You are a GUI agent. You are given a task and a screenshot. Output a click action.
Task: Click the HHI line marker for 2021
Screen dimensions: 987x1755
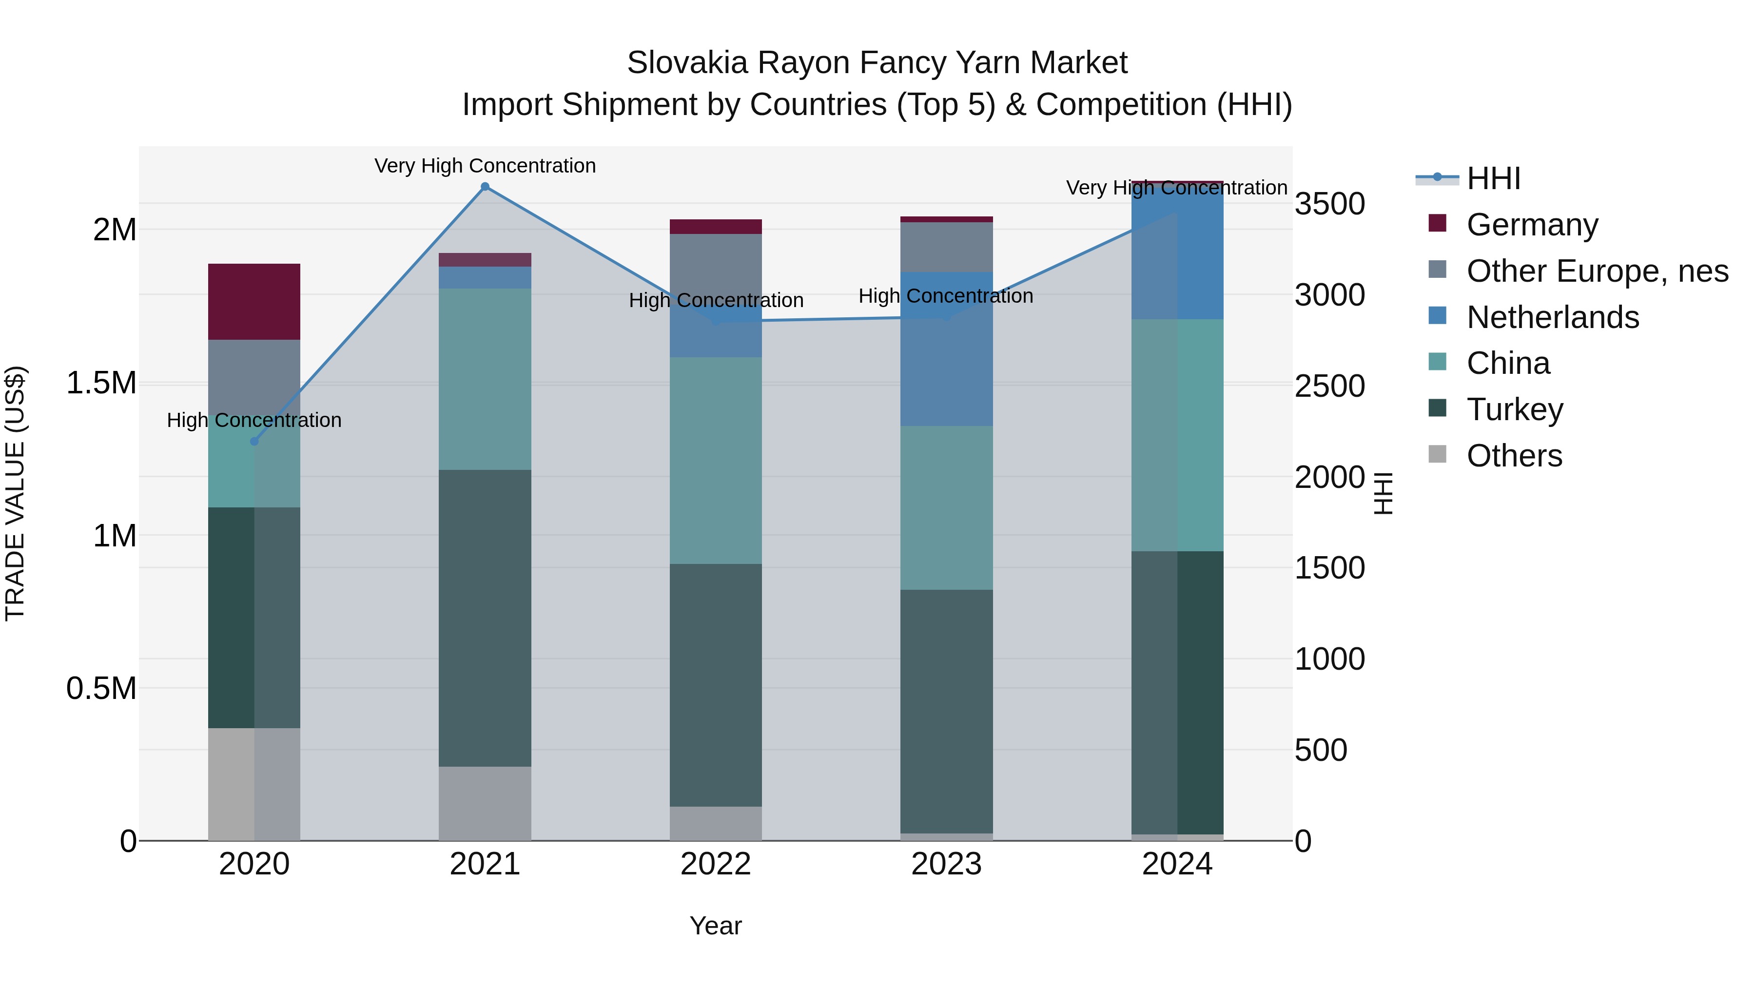(485, 187)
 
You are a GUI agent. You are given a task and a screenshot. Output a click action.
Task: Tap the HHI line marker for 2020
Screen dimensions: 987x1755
(254, 442)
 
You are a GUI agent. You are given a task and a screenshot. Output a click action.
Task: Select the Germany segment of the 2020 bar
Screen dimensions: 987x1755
(254, 302)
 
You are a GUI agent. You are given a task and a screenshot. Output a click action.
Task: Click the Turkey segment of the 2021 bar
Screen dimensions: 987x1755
(485, 618)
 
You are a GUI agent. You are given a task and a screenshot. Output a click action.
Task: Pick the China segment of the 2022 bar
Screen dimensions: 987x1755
(715, 461)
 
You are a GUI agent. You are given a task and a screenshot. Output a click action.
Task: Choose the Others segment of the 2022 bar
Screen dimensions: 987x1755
(715, 824)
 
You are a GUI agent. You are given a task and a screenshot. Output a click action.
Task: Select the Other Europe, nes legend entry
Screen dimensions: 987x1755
(1596, 271)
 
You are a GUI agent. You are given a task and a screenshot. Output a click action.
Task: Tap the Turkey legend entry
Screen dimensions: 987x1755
(1515, 409)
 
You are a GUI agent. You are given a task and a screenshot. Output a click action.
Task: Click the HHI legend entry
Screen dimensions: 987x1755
(1493, 178)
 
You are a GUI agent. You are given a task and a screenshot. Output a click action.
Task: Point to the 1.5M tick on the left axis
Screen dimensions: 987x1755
(101, 383)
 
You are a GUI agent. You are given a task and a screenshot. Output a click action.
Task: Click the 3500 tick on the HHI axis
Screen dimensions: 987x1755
(1329, 204)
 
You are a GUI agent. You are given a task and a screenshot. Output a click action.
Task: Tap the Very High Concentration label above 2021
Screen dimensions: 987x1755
(485, 166)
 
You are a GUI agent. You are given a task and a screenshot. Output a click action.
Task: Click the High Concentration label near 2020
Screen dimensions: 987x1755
(254, 420)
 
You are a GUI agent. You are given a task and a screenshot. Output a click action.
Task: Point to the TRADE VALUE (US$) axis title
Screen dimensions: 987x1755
(15, 493)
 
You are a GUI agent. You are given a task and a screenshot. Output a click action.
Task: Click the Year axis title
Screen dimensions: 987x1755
(715, 926)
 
